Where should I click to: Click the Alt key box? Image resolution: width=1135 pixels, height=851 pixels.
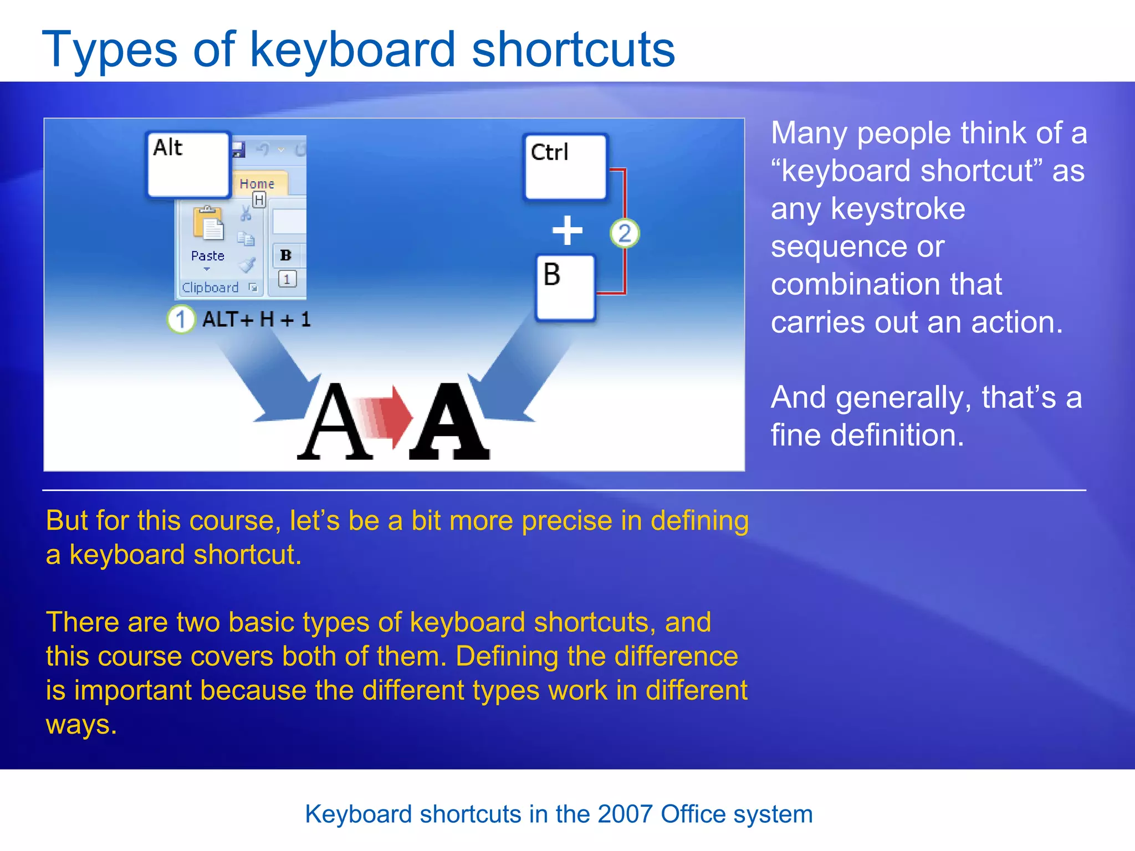coord(188,165)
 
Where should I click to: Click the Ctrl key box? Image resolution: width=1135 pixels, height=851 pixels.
coord(565,167)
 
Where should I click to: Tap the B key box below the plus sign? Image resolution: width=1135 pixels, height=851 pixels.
coord(565,288)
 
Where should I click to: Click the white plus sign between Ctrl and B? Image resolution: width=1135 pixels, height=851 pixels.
coord(567,230)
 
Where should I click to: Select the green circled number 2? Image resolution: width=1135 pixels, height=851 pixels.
coord(625,233)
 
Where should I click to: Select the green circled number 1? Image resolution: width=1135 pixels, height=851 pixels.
coord(181,319)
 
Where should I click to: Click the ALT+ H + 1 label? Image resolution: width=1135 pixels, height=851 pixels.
coord(256,319)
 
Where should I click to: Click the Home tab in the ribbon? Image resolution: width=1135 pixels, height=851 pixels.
coord(257,183)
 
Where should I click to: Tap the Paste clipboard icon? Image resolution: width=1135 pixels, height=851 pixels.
coord(208,224)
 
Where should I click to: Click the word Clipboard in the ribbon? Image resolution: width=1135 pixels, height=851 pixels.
coord(210,288)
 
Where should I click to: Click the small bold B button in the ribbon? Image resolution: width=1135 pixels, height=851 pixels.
coord(286,255)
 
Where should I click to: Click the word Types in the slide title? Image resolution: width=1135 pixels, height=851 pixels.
coord(110,50)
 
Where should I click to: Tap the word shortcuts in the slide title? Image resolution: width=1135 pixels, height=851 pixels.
coord(573,50)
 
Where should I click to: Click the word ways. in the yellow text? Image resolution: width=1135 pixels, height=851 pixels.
coord(81,724)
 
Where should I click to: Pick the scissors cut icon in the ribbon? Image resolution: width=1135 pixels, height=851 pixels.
coord(246,213)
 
